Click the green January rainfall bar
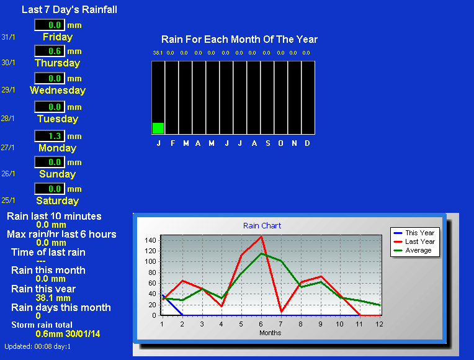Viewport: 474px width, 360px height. click(x=158, y=128)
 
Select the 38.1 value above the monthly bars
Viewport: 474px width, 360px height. click(x=158, y=53)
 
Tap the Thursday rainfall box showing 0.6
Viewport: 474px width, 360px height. click(x=50, y=51)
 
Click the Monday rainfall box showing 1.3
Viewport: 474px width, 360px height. click(x=50, y=136)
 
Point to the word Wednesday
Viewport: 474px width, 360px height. click(x=58, y=90)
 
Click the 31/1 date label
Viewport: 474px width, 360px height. click(x=8, y=37)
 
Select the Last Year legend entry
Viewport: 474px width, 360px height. click(x=414, y=241)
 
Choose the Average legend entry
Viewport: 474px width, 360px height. click(x=413, y=251)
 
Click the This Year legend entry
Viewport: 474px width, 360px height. click(x=414, y=233)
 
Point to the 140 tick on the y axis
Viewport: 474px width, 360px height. click(x=150, y=240)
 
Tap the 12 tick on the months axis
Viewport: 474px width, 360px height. click(x=379, y=324)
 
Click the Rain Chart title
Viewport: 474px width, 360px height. click(x=262, y=226)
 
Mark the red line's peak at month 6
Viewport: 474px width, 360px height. click(x=261, y=236)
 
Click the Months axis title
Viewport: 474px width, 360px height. click(x=271, y=333)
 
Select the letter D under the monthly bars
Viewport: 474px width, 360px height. click(x=307, y=143)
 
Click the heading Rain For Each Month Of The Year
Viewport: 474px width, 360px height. click(x=239, y=39)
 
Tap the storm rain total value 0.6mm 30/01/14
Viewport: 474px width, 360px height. click(x=68, y=334)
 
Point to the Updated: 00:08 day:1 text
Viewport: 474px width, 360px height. click(x=37, y=346)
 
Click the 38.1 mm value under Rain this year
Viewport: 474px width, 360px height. click(x=53, y=298)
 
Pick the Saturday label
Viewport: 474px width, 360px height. click(x=58, y=200)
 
